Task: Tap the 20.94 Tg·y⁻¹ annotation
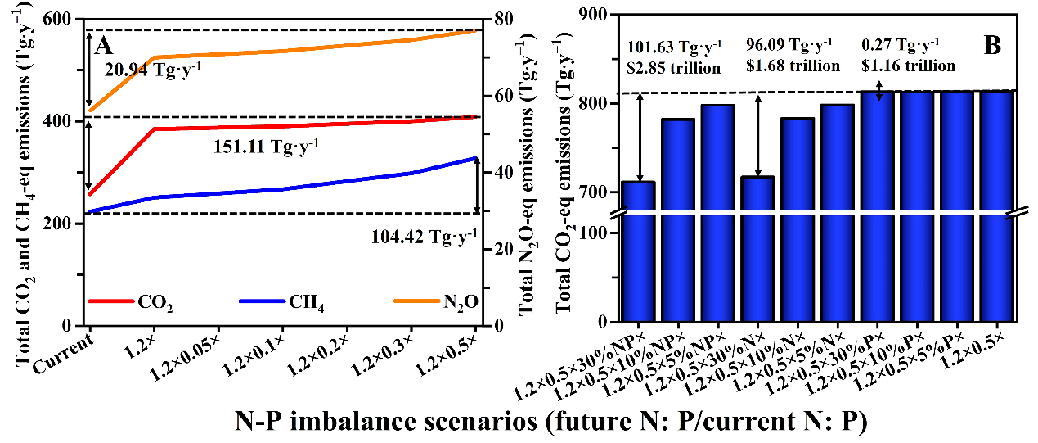point(153,70)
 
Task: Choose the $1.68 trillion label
point(792,66)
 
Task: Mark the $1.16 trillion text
point(909,66)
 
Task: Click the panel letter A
point(103,42)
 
